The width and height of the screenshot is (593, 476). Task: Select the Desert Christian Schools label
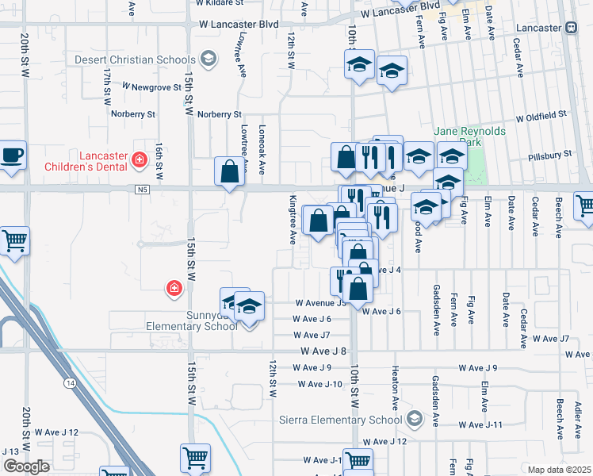[135, 59]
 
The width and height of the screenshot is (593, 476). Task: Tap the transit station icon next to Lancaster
[571, 27]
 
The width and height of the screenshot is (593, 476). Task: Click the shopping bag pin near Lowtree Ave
[229, 171]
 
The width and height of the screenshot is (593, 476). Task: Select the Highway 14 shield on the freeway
[71, 384]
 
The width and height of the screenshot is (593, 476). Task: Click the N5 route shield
[142, 189]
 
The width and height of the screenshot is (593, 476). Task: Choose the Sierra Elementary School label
[342, 420]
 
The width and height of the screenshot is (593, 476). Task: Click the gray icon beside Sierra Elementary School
[414, 418]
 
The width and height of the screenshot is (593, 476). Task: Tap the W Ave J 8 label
[323, 351]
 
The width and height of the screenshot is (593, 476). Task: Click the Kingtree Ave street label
[292, 220]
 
